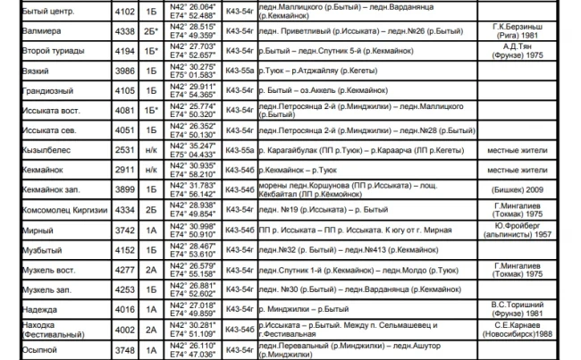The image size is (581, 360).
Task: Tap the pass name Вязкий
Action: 36,71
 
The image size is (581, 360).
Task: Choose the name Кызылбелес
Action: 45,149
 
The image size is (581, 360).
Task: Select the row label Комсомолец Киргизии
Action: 63,209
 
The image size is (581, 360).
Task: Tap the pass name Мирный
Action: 37,229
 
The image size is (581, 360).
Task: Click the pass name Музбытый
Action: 42,249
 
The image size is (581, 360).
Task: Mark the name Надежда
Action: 39,308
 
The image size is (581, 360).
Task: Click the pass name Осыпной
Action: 39,348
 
